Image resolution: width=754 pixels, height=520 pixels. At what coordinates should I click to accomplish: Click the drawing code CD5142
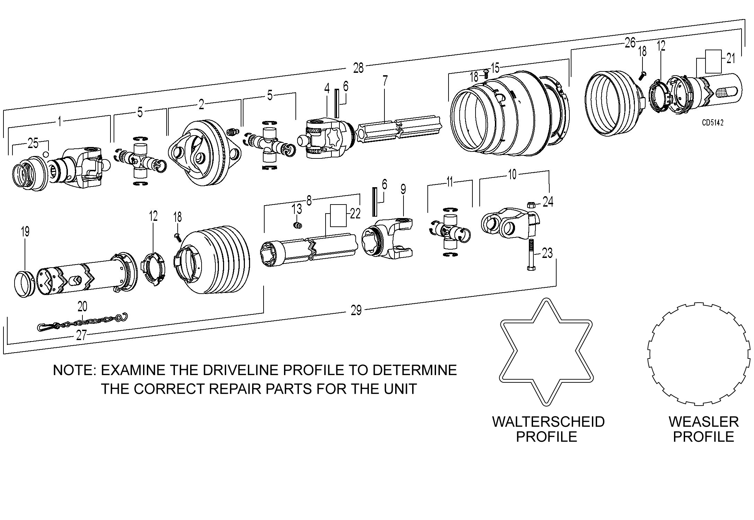[x=712, y=122]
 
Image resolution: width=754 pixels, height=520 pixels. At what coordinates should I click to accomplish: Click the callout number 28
[x=358, y=68]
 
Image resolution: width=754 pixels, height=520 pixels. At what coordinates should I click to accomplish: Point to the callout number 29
[x=356, y=310]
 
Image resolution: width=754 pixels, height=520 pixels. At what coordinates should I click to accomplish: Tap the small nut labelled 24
[x=530, y=204]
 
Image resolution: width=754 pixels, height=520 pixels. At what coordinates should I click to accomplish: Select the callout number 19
[x=25, y=232]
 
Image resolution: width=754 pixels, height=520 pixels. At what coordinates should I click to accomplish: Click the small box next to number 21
[x=713, y=61]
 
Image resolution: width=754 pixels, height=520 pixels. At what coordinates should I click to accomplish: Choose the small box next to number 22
[x=338, y=215]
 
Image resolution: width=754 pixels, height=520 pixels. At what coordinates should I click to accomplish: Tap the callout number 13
[x=297, y=209]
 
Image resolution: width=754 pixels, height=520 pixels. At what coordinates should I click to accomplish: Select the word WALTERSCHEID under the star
[x=548, y=422]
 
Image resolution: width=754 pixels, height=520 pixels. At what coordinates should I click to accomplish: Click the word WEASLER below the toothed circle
[x=703, y=422]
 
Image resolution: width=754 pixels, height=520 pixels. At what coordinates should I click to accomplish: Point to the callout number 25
[x=33, y=144]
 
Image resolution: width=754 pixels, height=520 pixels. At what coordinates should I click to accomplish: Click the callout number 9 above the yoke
[x=403, y=189]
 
